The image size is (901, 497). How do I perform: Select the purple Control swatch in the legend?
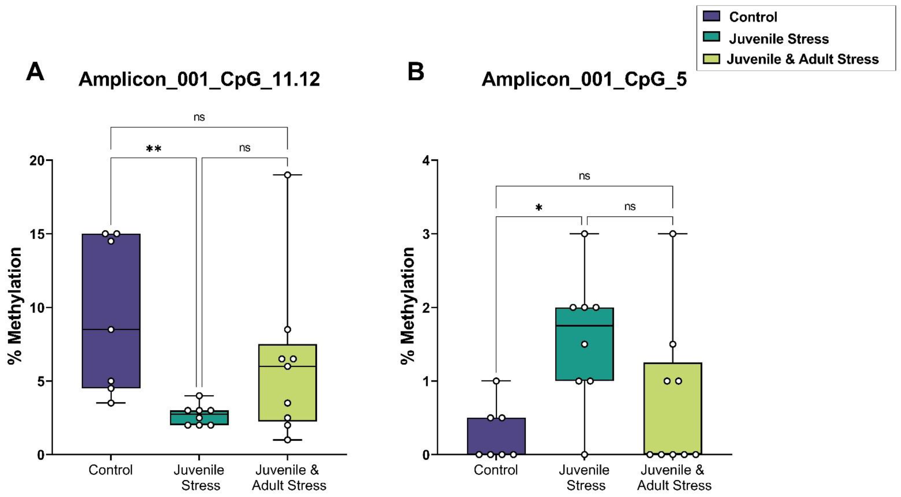tap(711, 16)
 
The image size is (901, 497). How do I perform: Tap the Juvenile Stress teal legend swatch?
tap(711, 37)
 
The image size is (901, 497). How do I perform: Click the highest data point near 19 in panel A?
tap(287, 175)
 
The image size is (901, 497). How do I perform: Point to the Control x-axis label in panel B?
tap(496, 470)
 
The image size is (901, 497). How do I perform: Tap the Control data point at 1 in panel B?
tap(496, 381)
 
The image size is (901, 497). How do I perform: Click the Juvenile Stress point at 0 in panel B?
tap(584, 455)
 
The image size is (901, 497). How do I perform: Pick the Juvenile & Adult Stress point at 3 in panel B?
tap(672, 234)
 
